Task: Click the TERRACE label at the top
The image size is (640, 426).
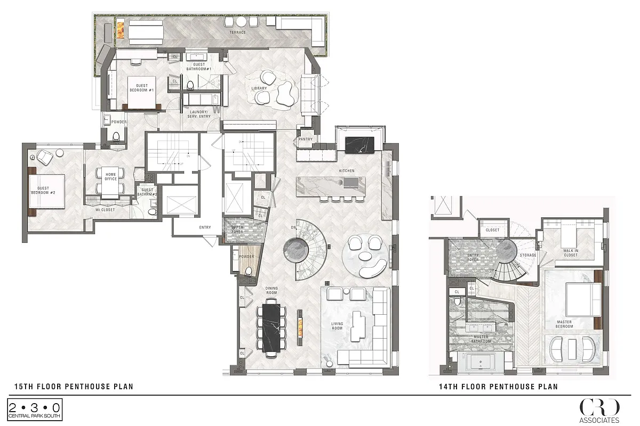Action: tap(237, 32)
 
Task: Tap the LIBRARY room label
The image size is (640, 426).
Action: tap(259, 88)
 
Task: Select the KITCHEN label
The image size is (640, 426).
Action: tap(347, 171)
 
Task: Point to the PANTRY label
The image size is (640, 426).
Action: tap(306, 140)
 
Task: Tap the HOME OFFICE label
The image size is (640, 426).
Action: tap(110, 177)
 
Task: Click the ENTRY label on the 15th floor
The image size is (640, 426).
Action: tap(205, 227)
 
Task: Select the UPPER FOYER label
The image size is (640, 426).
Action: tap(237, 230)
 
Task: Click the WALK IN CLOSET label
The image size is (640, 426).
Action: tap(571, 252)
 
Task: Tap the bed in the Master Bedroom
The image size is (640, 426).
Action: tap(580, 300)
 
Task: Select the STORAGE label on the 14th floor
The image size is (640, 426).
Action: tap(528, 256)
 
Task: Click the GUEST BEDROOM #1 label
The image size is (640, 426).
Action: tap(142, 88)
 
